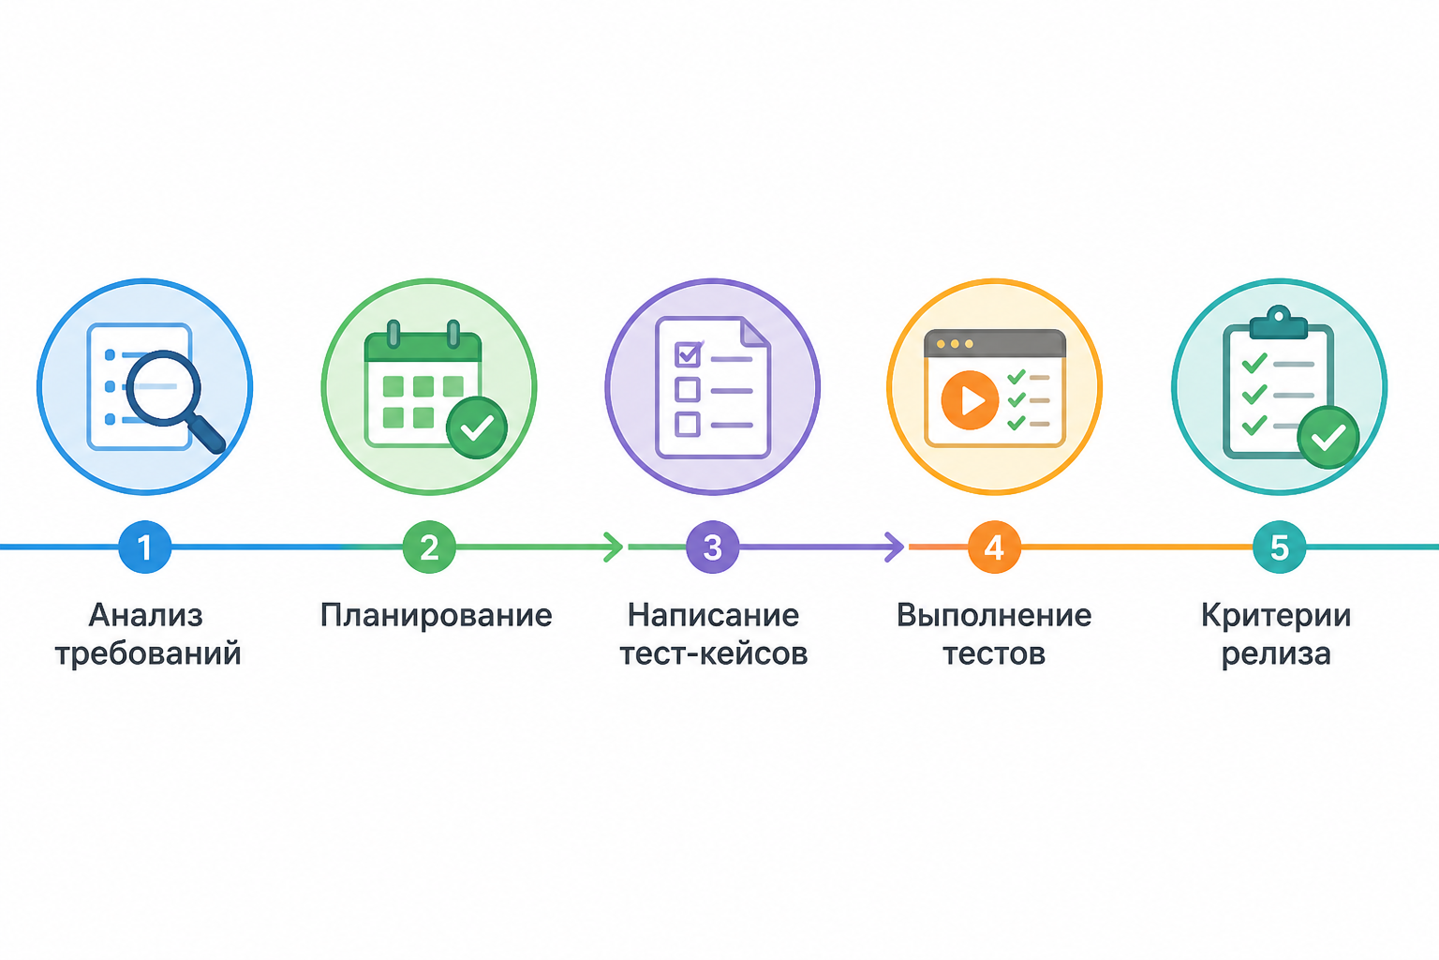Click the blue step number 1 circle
click(144, 547)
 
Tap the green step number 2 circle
click(429, 547)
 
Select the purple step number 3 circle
click(712, 547)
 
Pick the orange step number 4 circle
click(994, 547)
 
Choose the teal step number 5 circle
click(1279, 547)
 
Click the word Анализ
click(146, 615)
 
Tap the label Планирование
click(437, 616)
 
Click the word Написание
click(713, 615)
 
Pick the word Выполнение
click(994, 615)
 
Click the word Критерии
click(1276, 616)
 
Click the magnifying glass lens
click(163, 388)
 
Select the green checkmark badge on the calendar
click(477, 427)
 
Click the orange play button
click(970, 400)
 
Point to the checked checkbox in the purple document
click(688, 354)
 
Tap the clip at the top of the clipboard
click(1279, 322)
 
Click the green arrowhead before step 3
click(615, 547)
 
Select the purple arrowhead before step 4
click(895, 547)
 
